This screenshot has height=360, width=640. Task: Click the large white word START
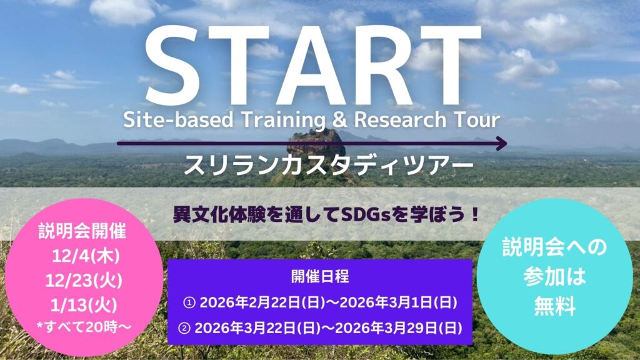click(x=312, y=64)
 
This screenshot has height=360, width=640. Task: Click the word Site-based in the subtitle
click(x=178, y=120)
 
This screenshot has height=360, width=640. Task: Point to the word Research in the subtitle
click(x=400, y=120)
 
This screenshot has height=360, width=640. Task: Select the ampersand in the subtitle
click(x=339, y=120)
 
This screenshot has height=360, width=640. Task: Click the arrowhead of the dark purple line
click(x=501, y=143)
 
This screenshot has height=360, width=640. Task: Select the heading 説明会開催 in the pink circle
click(x=82, y=231)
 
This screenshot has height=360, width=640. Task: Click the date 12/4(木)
click(x=86, y=256)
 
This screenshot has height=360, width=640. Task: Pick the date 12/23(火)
click(x=84, y=281)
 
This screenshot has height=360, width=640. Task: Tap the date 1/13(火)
click(x=84, y=305)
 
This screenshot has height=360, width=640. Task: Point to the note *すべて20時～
click(x=84, y=327)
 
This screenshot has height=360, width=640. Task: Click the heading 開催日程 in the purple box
click(x=320, y=276)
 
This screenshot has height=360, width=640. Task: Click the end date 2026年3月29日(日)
click(x=396, y=328)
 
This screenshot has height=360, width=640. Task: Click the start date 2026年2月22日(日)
click(x=262, y=303)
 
